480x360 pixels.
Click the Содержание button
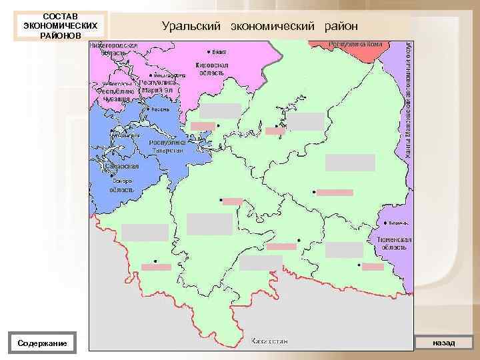(45, 343)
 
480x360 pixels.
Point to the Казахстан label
(269, 341)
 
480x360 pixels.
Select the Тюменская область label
(394, 243)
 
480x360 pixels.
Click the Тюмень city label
(393, 223)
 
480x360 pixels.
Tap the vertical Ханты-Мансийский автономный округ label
(407, 100)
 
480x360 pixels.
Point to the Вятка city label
(218, 51)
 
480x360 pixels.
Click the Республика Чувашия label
(117, 94)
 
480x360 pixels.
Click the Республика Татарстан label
(167, 146)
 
